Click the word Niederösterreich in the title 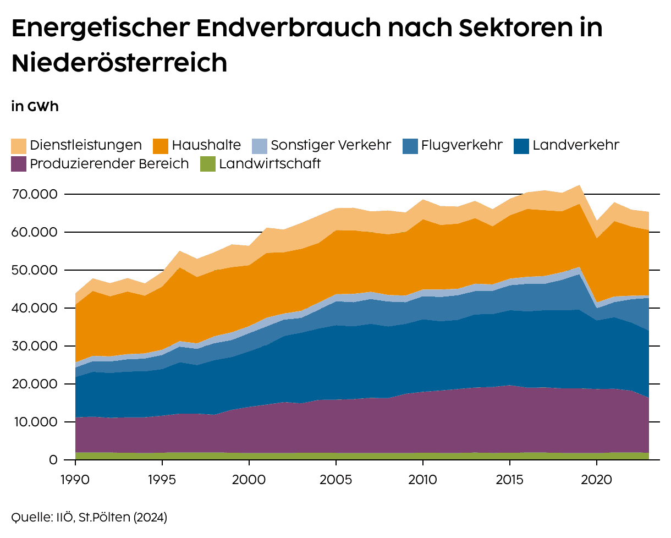click(x=119, y=63)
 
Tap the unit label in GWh click(x=35, y=107)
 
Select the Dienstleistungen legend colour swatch click(x=19, y=146)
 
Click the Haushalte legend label click(x=206, y=145)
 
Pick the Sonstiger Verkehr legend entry click(x=331, y=145)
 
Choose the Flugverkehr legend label click(x=462, y=145)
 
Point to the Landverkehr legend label click(x=576, y=145)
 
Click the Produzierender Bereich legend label click(x=109, y=163)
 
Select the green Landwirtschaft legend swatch click(x=208, y=164)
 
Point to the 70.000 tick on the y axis click(x=34, y=194)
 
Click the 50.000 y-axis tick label click(x=34, y=270)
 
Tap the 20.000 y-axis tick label click(x=34, y=384)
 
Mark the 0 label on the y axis click(x=53, y=460)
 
